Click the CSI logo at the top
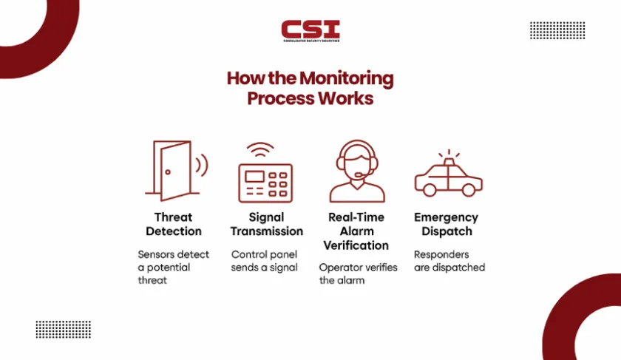click(x=310, y=32)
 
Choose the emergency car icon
click(x=448, y=178)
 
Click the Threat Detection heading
click(x=173, y=224)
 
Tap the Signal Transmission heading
click(x=266, y=224)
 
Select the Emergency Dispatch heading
click(x=446, y=224)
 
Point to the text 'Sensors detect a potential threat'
click(x=173, y=267)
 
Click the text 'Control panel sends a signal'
click(x=265, y=260)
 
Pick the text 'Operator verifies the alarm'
click(x=358, y=274)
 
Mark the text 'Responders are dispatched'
click(x=449, y=260)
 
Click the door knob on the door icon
click(x=169, y=172)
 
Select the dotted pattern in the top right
click(x=557, y=30)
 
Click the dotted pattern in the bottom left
click(x=63, y=329)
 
